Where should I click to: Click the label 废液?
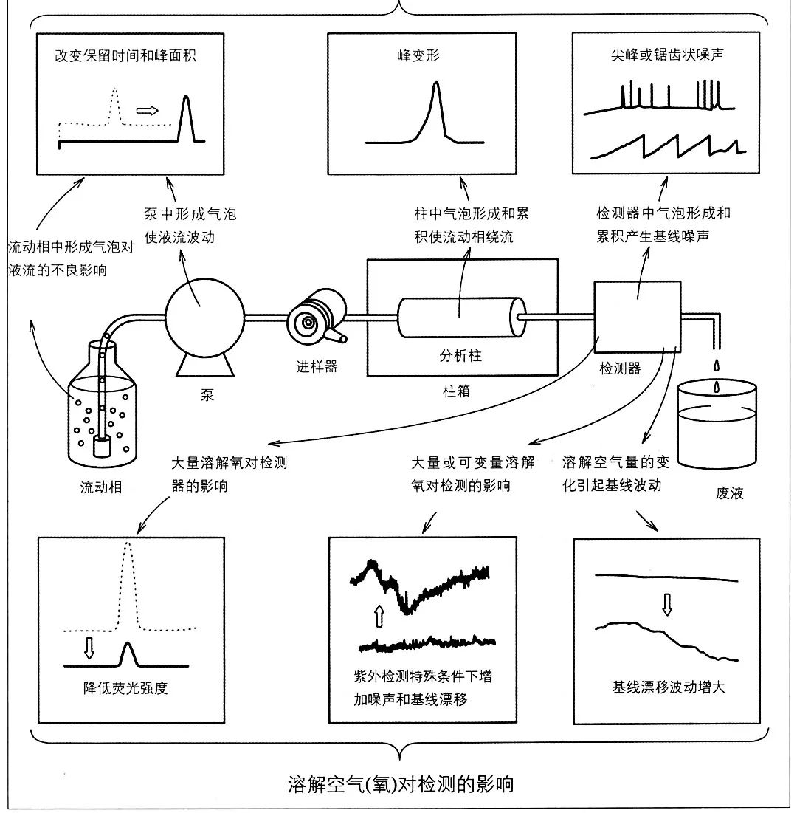pos(728,493)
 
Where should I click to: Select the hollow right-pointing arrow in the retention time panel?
pos(148,111)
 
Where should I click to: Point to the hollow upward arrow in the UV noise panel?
pos(379,614)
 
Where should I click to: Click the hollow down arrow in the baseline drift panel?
pos(667,605)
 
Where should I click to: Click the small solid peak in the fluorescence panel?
pos(129,654)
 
